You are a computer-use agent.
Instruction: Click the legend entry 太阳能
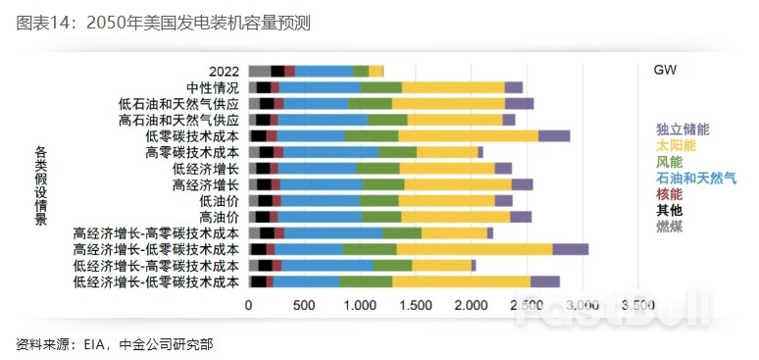pos(676,145)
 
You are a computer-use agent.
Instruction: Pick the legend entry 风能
pos(670,161)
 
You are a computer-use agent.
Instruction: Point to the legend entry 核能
pos(670,194)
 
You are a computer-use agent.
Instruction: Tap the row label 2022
pos(225,71)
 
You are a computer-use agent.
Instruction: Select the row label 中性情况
pos(213,87)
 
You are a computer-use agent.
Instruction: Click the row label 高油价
pos(219,217)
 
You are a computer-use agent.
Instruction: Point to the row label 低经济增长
pos(206,168)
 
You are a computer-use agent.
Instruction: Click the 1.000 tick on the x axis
pos(360,305)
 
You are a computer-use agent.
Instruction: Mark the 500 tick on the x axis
pos(303,305)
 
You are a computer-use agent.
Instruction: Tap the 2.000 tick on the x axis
pos(472,305)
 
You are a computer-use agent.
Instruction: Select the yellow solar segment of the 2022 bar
pos(377,71)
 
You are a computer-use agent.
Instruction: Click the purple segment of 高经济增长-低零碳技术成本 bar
pos(571,249)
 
